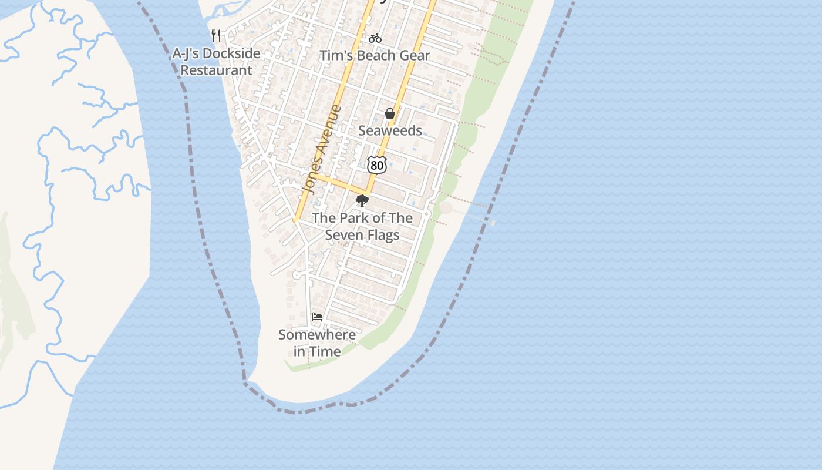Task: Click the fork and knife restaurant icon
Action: click(x=216, y=36)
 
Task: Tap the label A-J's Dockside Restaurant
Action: click(x=216, y=62)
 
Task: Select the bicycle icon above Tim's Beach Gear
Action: click(x=375, y=39)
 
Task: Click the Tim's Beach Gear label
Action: click(x=375, y=56)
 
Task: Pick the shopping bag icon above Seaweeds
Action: click(x=389, y=113)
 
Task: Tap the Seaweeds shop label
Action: click(x=390, y=130)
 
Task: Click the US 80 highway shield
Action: click(x=377, y=165)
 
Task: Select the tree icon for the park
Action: click(x=362, y=202)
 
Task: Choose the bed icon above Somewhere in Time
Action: click(x=317, y=317)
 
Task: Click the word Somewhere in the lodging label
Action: click(x=317, y=335)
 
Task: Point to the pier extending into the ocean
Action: click(x=476, y=217)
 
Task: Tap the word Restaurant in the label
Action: click(x=216, y=70)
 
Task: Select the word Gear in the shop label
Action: click(x=416, y=56)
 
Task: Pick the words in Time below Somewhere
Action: click(x=317, y=352)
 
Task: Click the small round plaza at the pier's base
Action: click(x=446, y=207)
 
